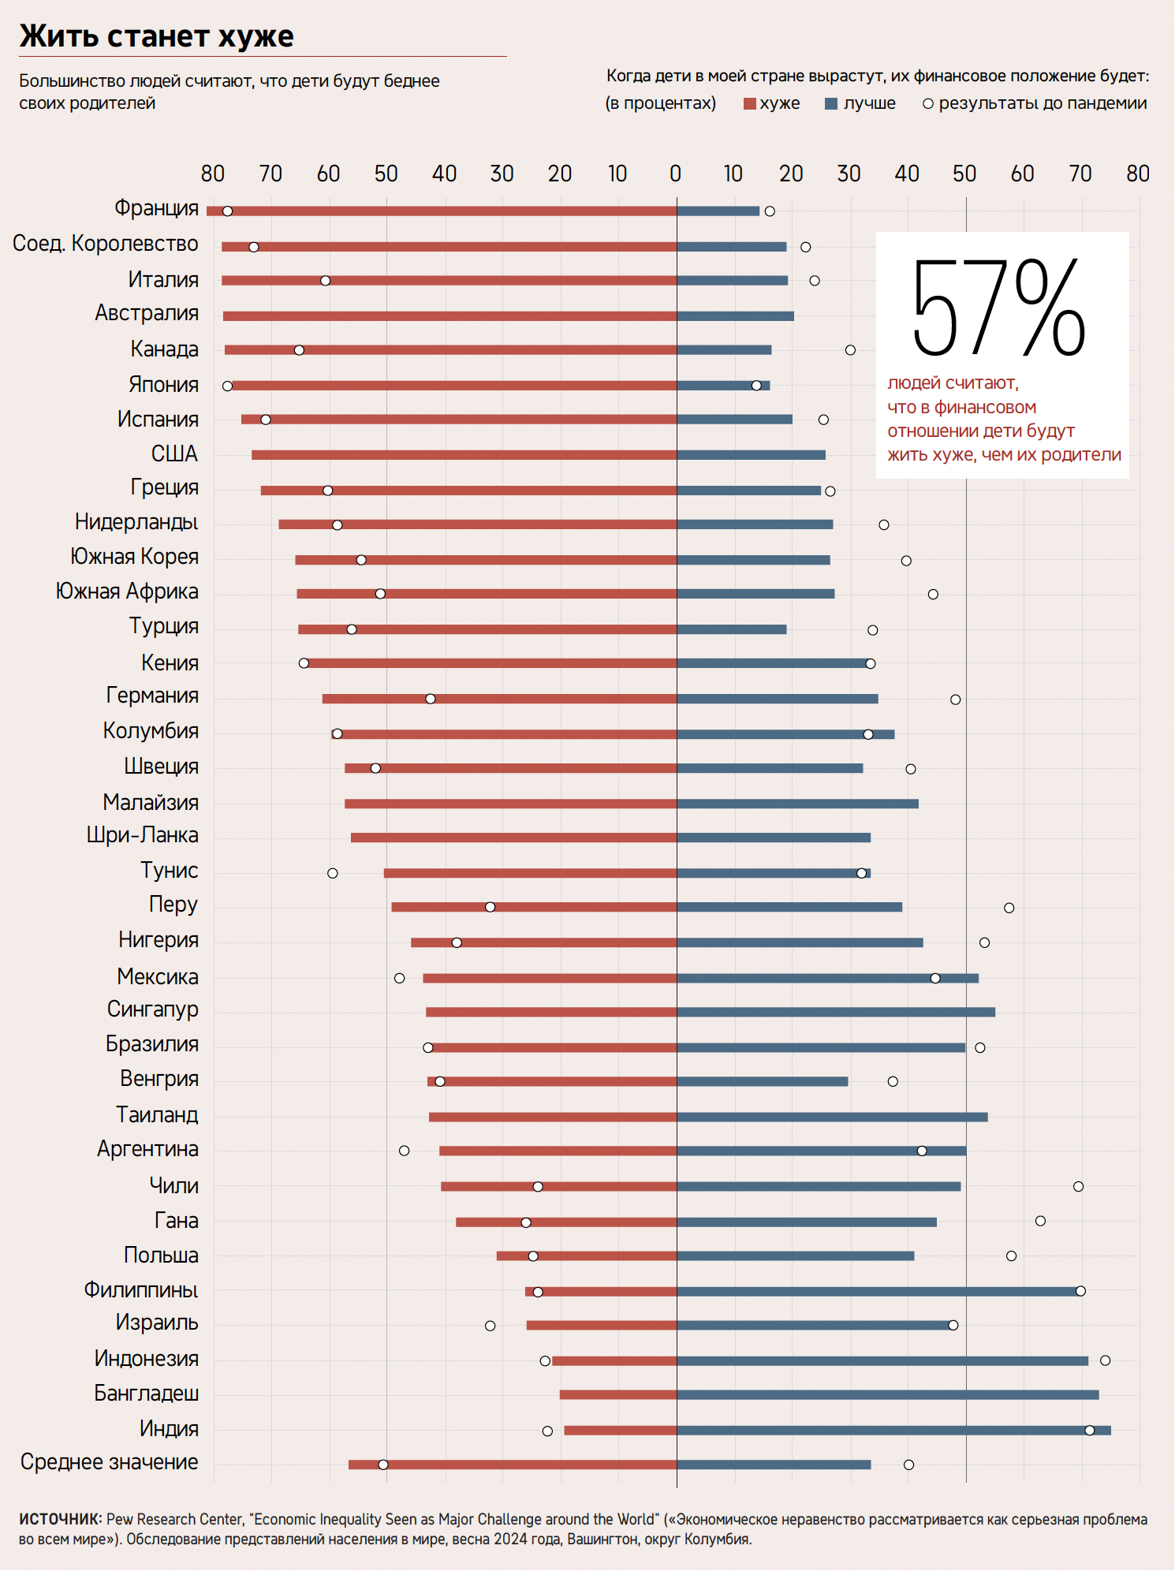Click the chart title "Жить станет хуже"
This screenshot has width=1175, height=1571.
(x=156, y=36)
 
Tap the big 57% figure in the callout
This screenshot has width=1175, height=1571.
(x=998, y=308)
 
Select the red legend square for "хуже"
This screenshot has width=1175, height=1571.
(x=750, y=104)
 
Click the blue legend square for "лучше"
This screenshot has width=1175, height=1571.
(x=830, y=104)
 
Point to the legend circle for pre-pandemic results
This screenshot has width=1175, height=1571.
(x=928, y=104)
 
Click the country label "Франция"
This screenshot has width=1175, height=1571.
(x=156, y=208)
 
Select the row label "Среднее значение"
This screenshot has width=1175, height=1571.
(x=109, y=1462)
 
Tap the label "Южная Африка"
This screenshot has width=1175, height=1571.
(x=127, y=591)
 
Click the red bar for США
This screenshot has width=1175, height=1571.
(x=464, y=455)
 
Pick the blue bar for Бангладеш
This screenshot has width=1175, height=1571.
(x=887, y=1394)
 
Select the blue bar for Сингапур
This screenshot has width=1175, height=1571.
(x=836, y=1012)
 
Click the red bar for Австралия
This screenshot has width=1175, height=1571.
(x=449, y=316)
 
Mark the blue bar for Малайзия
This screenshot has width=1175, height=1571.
(x=797, y=804)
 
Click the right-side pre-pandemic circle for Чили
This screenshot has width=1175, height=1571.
(x=1078, y=1187)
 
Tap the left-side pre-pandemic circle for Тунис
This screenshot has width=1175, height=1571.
(x=333, y=873)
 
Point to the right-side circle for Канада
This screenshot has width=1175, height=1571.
(x=850, y=350)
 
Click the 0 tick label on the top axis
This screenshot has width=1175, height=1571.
(x=676, y=174)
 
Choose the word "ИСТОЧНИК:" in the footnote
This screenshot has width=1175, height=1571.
(x=60, y=1519)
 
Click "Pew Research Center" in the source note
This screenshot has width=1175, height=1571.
(x=174, y=1519)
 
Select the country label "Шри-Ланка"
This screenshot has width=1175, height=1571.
(x=143, y=835)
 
